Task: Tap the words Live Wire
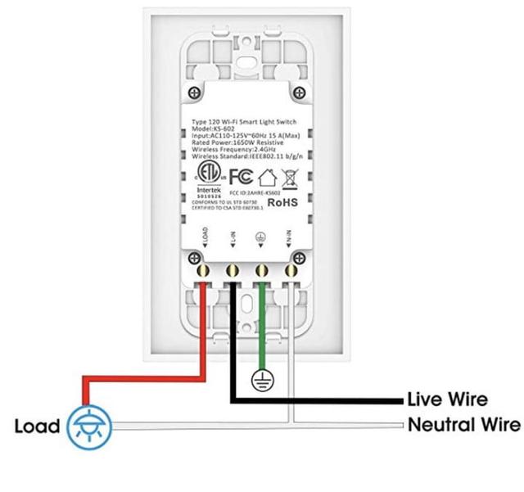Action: pyautogui.click(x=447, y=400)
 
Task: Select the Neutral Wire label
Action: pyautogui.click(x=463, y=425)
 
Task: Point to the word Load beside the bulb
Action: pyautogui.click(x=37, y=426)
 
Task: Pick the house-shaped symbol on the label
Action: pyautogui.click(x=265, y=176)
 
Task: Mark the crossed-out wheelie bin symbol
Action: pyautogui.click(x=288, y=176)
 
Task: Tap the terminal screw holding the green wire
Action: pyautogui.click(x=262, y=268)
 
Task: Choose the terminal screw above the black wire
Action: pyautogui.click(x=233, y=268)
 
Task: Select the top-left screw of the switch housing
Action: pyautogui.click(x=193, y=93)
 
